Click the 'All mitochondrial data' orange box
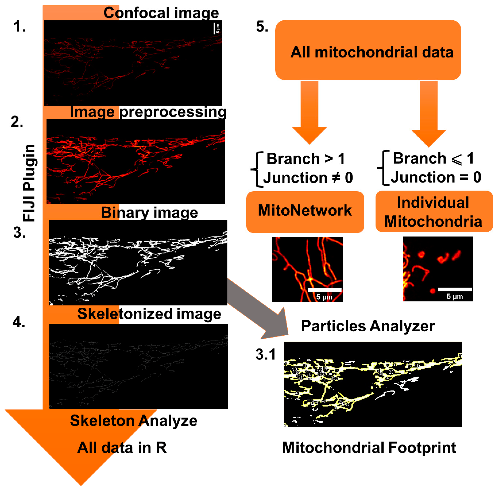pyautogui.click(x=368, y=50)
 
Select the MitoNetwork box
pyautogui.click(x=305, y=212)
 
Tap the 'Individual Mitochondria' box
pyautogui.click(x=434, y=212)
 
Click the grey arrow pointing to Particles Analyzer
pyautogui.click(x=260, y=309)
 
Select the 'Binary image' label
pyautogui.click(x=149, y=213)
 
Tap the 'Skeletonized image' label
pyautogui.click(x=149, y=314)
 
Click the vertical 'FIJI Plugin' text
pyautogui.click(x=29, y=183)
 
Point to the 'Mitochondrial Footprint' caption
pyautogui.click(x=369, y=448)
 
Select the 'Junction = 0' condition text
pyautogui.click(x=436, y=177)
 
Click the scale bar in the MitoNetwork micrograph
pyautogui.click(x=324, y=290)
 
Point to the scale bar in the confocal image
pyautogui.click(x=214, y=28)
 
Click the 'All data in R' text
pyautogui.click(x=122, y=448)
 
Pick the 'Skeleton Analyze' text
pyautogui.click(x=134, y=421)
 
